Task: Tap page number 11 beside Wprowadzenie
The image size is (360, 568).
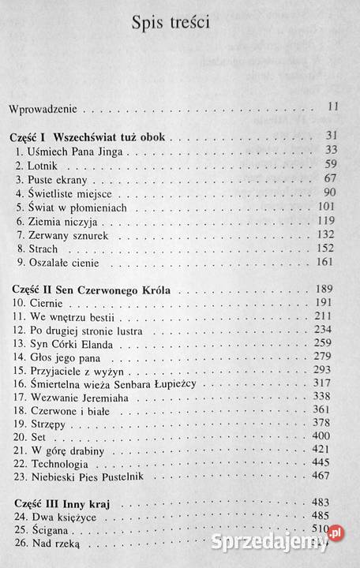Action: click(x=332, y=105)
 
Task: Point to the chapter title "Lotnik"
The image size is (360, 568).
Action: click(x=47, y=166)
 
